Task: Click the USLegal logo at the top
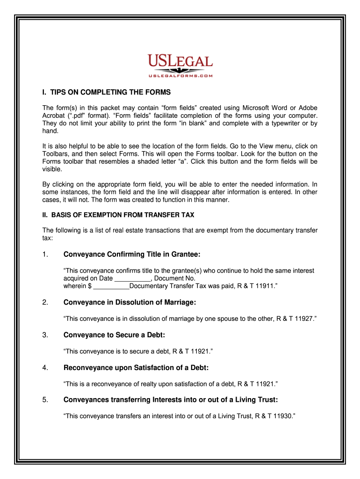(x=180, y=62)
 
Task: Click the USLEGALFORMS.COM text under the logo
(x=180, y=75)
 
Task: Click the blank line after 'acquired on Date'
(x=130, y=279)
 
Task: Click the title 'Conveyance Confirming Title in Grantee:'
(x=132, y=254)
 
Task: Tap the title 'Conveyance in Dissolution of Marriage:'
(x=130, y=303)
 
